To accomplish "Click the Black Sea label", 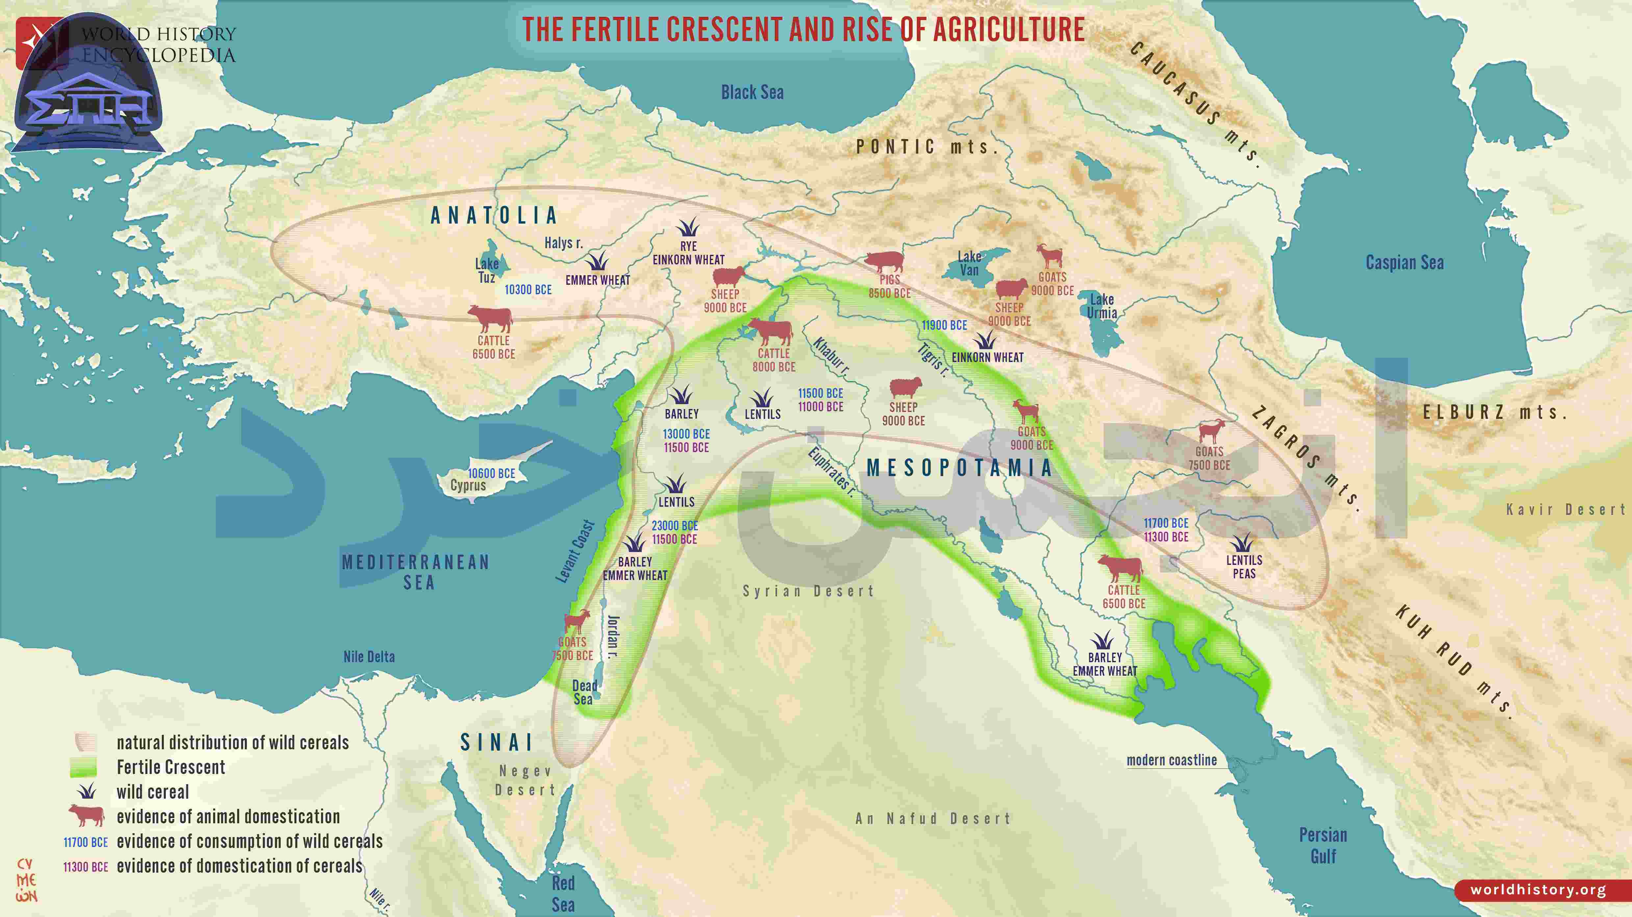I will coord(752,92).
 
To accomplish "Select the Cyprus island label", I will coord(468,486).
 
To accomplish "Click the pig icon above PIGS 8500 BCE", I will coord(884,261).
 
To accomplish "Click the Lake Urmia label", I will coord(1102,306).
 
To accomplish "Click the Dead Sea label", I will coord(584,692).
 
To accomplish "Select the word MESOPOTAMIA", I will coord(959,468).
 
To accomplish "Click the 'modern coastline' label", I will coord(1171,760).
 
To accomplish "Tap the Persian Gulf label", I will coord(1323,845).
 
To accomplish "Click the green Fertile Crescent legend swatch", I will coord(83,767).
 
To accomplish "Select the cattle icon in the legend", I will coord(86,816).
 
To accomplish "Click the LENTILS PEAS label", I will coord(1243,567).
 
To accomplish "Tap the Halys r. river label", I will coord(563,243).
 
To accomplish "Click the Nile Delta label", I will coord(369,657).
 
